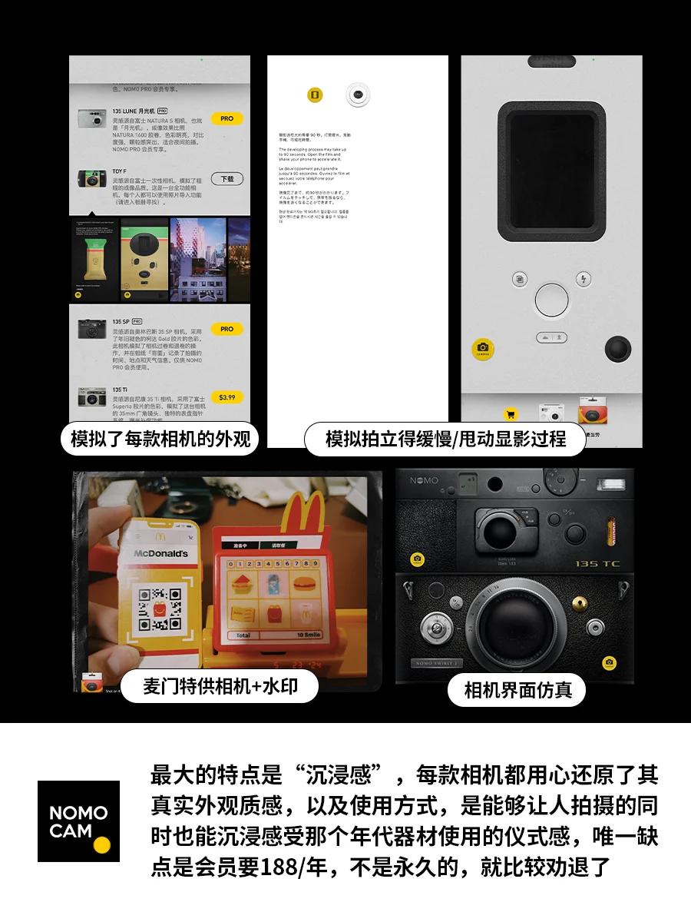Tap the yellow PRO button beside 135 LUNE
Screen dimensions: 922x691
tap(226, 119)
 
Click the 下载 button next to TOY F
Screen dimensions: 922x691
tap(226, 179)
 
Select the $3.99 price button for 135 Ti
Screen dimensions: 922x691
tap(226, 397)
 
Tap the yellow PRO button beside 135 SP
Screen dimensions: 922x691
tap(226, 329)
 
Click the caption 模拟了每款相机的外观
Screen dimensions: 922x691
tap(160, 439)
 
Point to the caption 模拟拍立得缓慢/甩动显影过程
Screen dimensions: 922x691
tap(445, 439)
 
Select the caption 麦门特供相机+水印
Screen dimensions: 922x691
tap(220, 686)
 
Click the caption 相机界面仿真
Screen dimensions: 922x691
tap(517, 690)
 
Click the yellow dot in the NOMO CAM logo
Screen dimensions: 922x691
tap(101, 845)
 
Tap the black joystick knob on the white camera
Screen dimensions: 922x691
tap(618, 350)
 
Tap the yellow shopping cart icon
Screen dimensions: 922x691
tap(510, 414)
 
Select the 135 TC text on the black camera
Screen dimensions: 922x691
tap(597, 563)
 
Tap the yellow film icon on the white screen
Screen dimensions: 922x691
tap(315, 95)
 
